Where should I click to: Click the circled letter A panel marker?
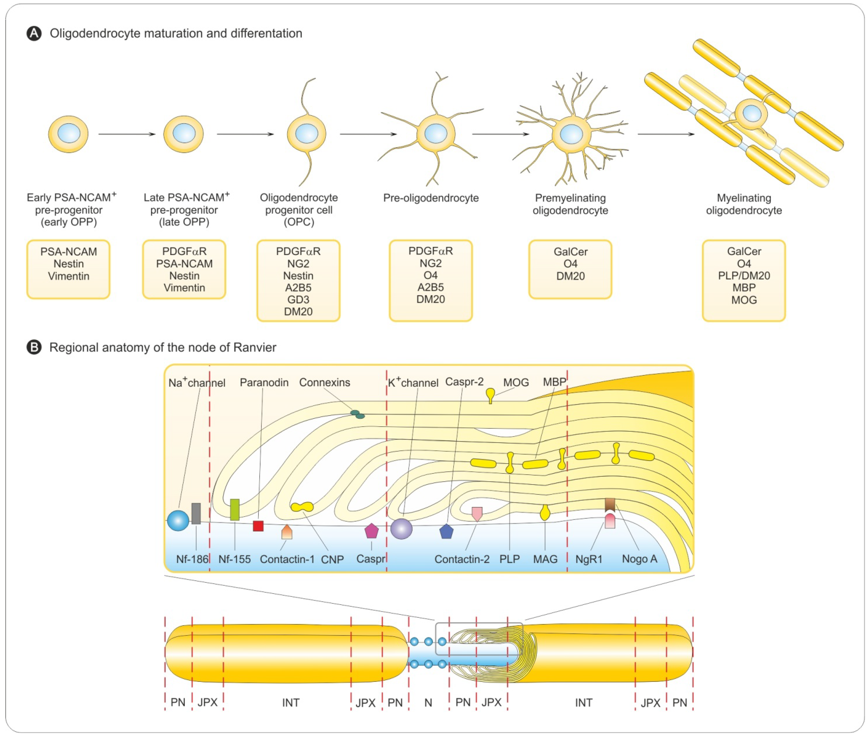coord(34,33)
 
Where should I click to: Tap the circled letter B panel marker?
coord(34,347)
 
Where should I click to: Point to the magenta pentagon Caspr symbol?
coord(372,531)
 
